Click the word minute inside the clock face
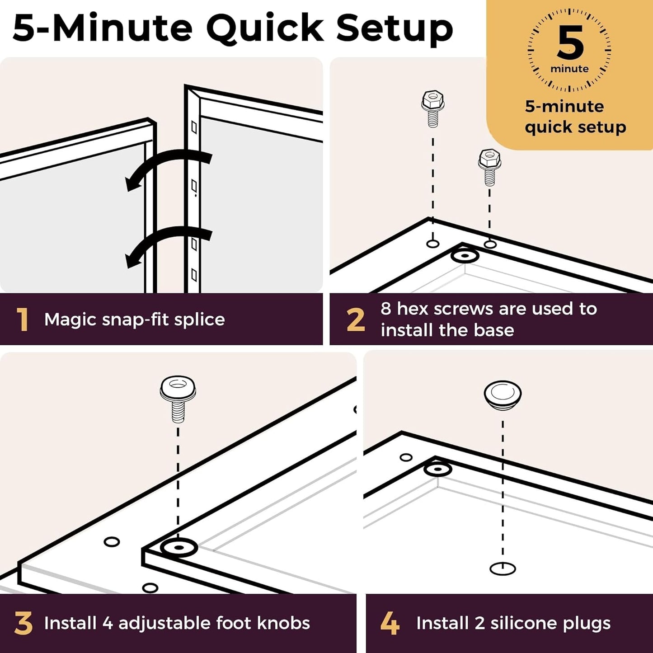[569, 69]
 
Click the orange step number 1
[22, 319]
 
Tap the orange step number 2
[356, 319]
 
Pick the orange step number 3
[23, 623]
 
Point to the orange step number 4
[390, 623]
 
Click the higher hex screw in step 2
[433, 109]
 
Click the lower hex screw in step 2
[489, 167]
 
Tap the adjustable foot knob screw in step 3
[178, 399]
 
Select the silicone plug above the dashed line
[503, 395]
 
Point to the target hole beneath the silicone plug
[503, 568]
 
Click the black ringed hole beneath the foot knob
[179, 548]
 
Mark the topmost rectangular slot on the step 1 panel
[194, 127]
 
